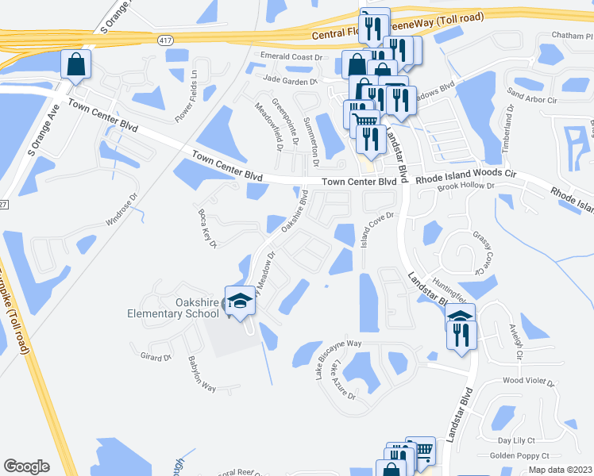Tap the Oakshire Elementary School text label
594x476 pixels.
174,307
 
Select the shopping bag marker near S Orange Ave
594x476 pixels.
76,66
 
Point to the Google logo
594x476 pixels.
26,466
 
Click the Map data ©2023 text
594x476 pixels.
561,470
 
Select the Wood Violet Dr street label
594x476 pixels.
529,382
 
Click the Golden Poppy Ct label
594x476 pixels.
519,455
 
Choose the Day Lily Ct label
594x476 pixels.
517,440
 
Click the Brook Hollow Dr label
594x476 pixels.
466,187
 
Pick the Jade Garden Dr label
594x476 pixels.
290,80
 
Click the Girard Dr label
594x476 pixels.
156,356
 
